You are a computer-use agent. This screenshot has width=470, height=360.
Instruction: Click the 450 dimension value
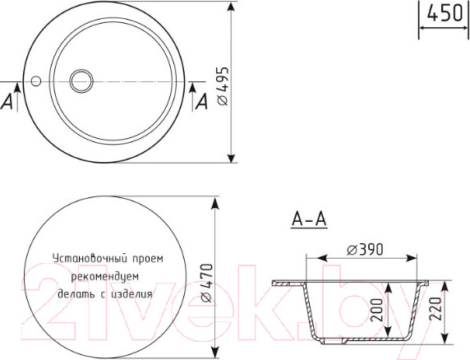[x=444, y=14]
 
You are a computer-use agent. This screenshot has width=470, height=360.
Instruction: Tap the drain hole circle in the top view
[x=82, y=81]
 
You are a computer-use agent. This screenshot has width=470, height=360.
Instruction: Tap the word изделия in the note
[x=132, y=293]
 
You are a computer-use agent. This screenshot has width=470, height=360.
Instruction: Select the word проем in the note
[x=149, y=257]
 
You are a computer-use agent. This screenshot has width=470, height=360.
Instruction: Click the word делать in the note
[x=75, y=293]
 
